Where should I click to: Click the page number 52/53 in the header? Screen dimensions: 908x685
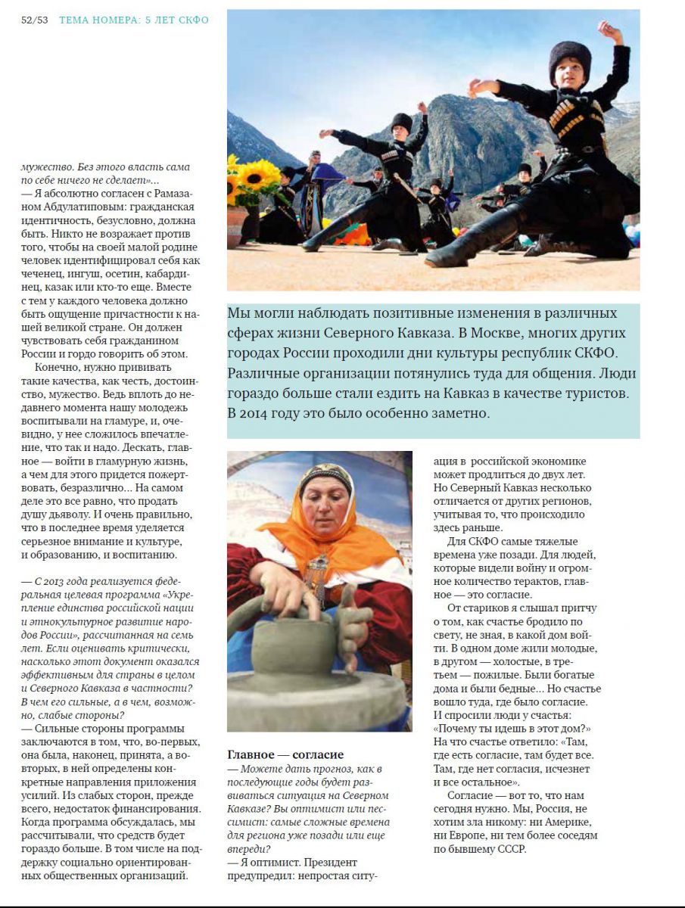coord(34,20)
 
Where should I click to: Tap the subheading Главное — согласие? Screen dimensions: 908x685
coord(285,754)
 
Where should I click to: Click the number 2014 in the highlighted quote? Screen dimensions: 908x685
coord(260,413)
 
